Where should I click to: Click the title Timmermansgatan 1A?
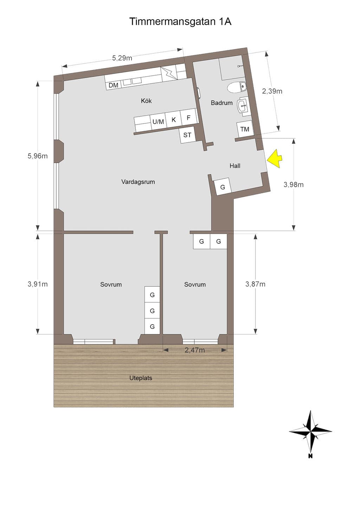[x=180, y=21]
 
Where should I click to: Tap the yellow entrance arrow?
[x=275, y=159]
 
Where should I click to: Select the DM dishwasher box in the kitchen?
[x=113, y=85]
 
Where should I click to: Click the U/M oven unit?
[x=158, y=122]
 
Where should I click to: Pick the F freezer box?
[x=188, y=117]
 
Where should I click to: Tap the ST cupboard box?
[x=187, y=135]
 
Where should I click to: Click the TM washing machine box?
[x=245, y=129]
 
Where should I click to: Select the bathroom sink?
[x=243, y=105]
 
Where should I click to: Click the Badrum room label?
[x=222, y=103]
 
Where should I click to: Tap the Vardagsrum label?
[x=138, y=182]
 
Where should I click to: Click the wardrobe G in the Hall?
[x=223, y=187]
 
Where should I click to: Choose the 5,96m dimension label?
[x=38, y=156]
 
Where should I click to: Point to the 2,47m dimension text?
[x=195, y=350]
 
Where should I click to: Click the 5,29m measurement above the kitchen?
[x=122, y=58]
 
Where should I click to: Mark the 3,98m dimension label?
[x=293, y=184]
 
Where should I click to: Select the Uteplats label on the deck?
[x=141, y=378]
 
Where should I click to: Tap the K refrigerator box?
[x=174, y=119]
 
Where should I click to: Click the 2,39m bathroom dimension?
[x=272, y=91]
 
